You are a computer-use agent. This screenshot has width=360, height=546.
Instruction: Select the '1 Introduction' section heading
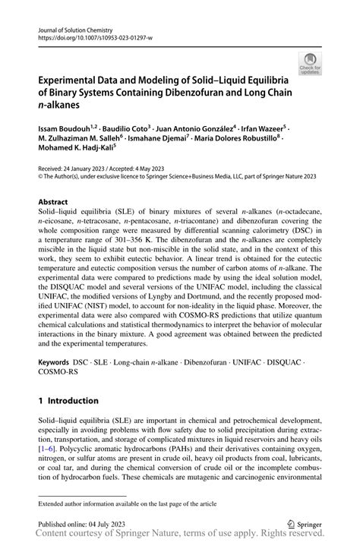68,400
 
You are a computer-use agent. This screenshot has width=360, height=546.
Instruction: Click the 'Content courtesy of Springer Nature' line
180,537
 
